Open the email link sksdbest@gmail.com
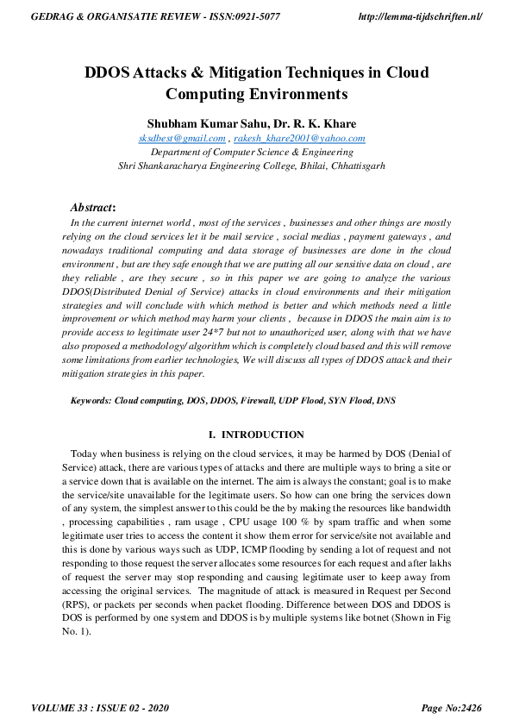click(182, 138)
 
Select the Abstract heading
click(92, 207)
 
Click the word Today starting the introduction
click(84, 453)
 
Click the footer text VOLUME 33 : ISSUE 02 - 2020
click(99, 708)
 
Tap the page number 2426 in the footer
click(466, 708)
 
